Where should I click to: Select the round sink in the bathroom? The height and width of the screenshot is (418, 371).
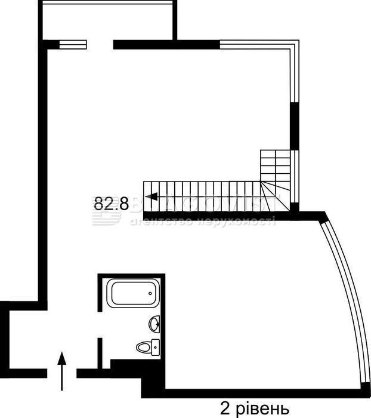click(154, 324)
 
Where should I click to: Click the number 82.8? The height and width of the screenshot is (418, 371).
click(111, 203)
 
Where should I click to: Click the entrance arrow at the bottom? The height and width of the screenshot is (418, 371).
click(61, 370)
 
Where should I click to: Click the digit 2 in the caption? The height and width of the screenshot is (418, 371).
click(225, 409)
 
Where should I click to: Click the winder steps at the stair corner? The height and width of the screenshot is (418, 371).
click(276, 194)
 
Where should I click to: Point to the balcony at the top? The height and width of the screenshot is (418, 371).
click(107, 21)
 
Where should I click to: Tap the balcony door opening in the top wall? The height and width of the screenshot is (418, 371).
click(100, 44)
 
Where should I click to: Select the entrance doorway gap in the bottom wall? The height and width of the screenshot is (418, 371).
click(61, 374)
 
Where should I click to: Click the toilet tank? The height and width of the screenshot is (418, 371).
click(156, 346)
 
